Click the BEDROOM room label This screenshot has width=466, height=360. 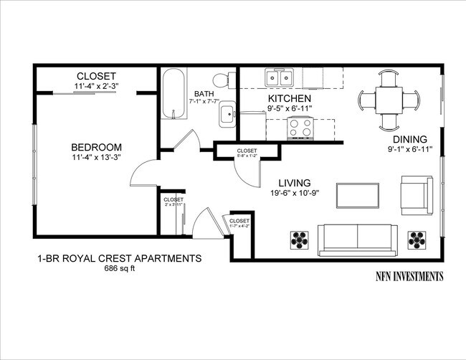[96, 146]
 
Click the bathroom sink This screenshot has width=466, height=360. [228, 113]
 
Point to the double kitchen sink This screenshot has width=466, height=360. [279, 77]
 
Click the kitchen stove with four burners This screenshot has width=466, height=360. [300, 128]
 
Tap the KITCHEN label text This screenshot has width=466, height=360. [289, 98]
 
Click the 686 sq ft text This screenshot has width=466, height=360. [120, 269]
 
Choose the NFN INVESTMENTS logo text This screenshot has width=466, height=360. [409, 276]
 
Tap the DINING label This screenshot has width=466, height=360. [409, 139]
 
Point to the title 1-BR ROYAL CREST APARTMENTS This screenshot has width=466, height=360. [119, 258]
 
